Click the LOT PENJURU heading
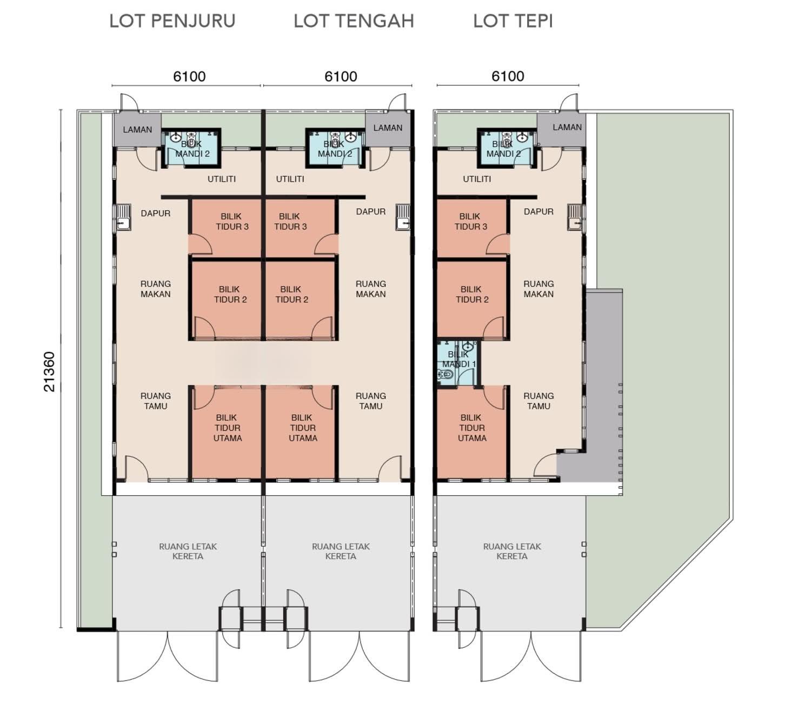point(172,21)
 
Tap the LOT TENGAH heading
point(354,21)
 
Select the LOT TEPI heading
point(513,21)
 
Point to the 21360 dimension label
point(49,371)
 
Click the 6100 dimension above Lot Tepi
point(508,76)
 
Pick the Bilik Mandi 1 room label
point(458,358)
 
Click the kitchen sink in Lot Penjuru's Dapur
point(123,217)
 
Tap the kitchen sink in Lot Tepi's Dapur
point(575,217)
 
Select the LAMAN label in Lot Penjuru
point(137,130)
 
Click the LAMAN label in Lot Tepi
point(567,127)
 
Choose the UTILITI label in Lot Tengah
point(290,179)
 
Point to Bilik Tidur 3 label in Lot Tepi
point(471,221)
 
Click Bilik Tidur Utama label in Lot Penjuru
point(228,428)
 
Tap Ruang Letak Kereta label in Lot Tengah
point(341,551)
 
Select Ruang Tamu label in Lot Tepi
point(539,401)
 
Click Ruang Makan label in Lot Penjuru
point(155,289)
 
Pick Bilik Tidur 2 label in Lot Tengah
point(291,294)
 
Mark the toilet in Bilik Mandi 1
point(445,375)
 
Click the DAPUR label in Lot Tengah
point(371,211)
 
